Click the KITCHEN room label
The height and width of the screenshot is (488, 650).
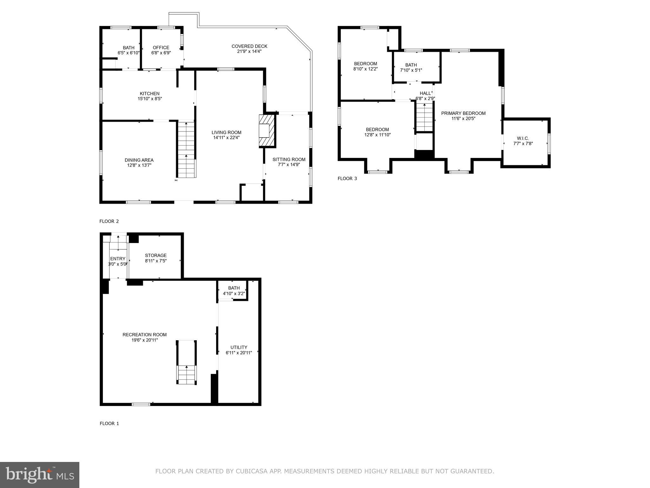[x=149, y=93]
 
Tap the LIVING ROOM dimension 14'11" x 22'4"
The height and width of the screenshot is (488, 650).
[x=226, y=138]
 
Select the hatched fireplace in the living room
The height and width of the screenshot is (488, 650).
[x=266, y=131]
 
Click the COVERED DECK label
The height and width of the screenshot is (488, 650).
[x=249, y=46]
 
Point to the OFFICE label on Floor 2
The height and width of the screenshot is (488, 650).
[x=161, y=48]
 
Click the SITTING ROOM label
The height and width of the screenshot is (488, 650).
[x=289, y=159]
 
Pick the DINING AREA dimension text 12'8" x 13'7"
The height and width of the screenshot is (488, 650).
[x=139, y=165]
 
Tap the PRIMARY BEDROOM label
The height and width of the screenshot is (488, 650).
[x=463, y=113]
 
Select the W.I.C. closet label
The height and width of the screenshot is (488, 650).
[x=523, y=138]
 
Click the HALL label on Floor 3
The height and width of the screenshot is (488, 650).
[x=425, y=93]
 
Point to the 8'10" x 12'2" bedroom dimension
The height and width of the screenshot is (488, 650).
[x=365, y=69]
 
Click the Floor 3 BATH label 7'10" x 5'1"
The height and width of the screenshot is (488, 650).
[x=411, y=65]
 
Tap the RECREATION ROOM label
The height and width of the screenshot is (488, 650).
[x=144, y=335]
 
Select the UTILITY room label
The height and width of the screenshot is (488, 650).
[x=239, y=347]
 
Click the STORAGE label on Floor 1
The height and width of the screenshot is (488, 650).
[x=156, y=255]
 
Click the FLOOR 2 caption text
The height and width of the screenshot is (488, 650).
[x=109, y=221]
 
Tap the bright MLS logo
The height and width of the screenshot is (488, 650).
[x=39, y=475]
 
